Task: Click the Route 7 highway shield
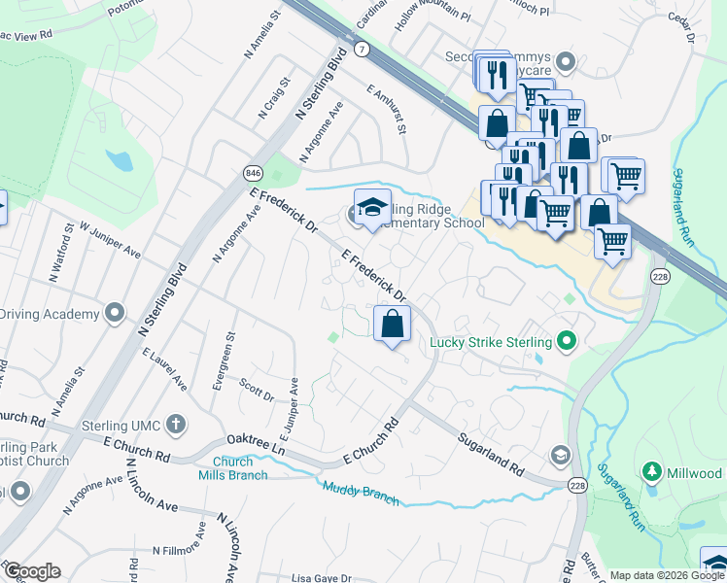tap(362, 49)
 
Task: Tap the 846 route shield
tap(254, 172)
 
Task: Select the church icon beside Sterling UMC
tap(175, 423)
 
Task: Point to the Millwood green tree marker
tap(652, 472)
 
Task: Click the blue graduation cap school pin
tap(370, 208)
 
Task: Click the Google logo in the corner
tap(31, 570)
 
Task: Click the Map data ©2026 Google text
tap(666, 575)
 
